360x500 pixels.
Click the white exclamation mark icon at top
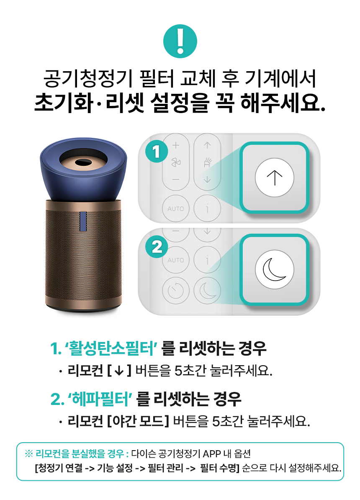pyautogui.click(x=180, y=41)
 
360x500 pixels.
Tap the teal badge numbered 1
pyautogui.click(x=157, y=152)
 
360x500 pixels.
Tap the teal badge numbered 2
pyautogui.click(x=157, y=247)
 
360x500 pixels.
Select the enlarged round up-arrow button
pyautogui.click(x=274, y=177)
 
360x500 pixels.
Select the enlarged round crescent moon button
pyautogui.click(x=274, y=269)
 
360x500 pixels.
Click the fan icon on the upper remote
pyautogui.click(x=176, y=162)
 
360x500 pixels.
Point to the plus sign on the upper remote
pyautogui.click(x=176, y=145)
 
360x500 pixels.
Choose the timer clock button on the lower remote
pyautogui.click(x=176, y=291)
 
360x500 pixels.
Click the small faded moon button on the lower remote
pyautogui.click(x=207, y=291)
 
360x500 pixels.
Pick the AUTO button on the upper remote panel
pyautogui.click(x=176, y=209)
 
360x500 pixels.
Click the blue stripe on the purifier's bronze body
pyautogui.click(x=83, y=221)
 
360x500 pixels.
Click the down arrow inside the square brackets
pyautogui.click(x=119, y=371)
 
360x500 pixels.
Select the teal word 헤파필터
pyautogui.click(x=100, y=399)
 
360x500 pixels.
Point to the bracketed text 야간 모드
pyautogui.click(x=138, y=421)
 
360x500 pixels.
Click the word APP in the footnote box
pyautogui.click(x=212, y=454)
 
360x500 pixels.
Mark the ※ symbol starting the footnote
pyautogui.click(x=29, y=454)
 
